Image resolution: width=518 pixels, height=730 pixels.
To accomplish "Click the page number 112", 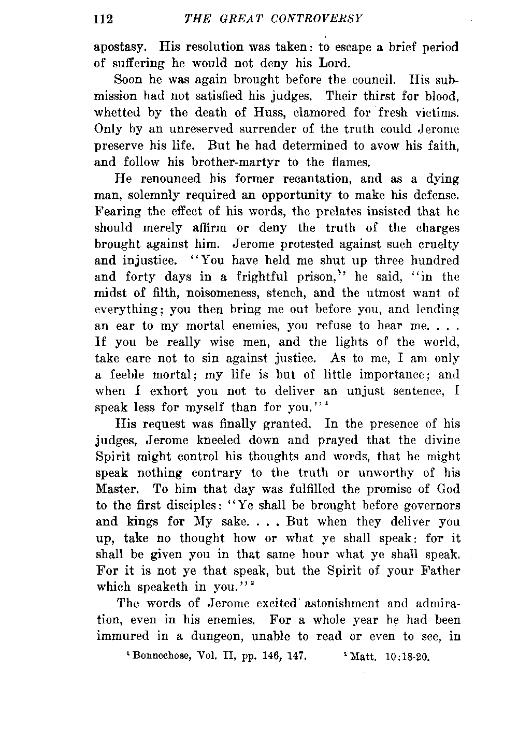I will tap(104, 20).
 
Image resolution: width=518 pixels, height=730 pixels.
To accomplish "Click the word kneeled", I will tap(211, 441).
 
